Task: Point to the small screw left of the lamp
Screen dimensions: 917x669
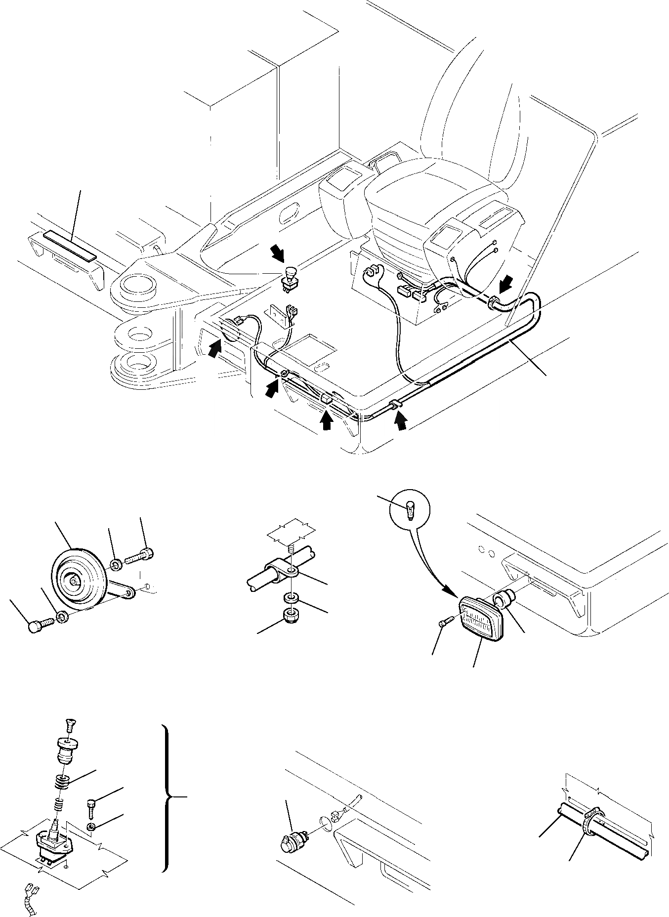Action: click(444, 625)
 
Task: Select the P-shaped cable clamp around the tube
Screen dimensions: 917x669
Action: click(280, 570)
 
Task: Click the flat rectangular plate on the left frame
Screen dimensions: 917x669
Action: click(69, 246)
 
